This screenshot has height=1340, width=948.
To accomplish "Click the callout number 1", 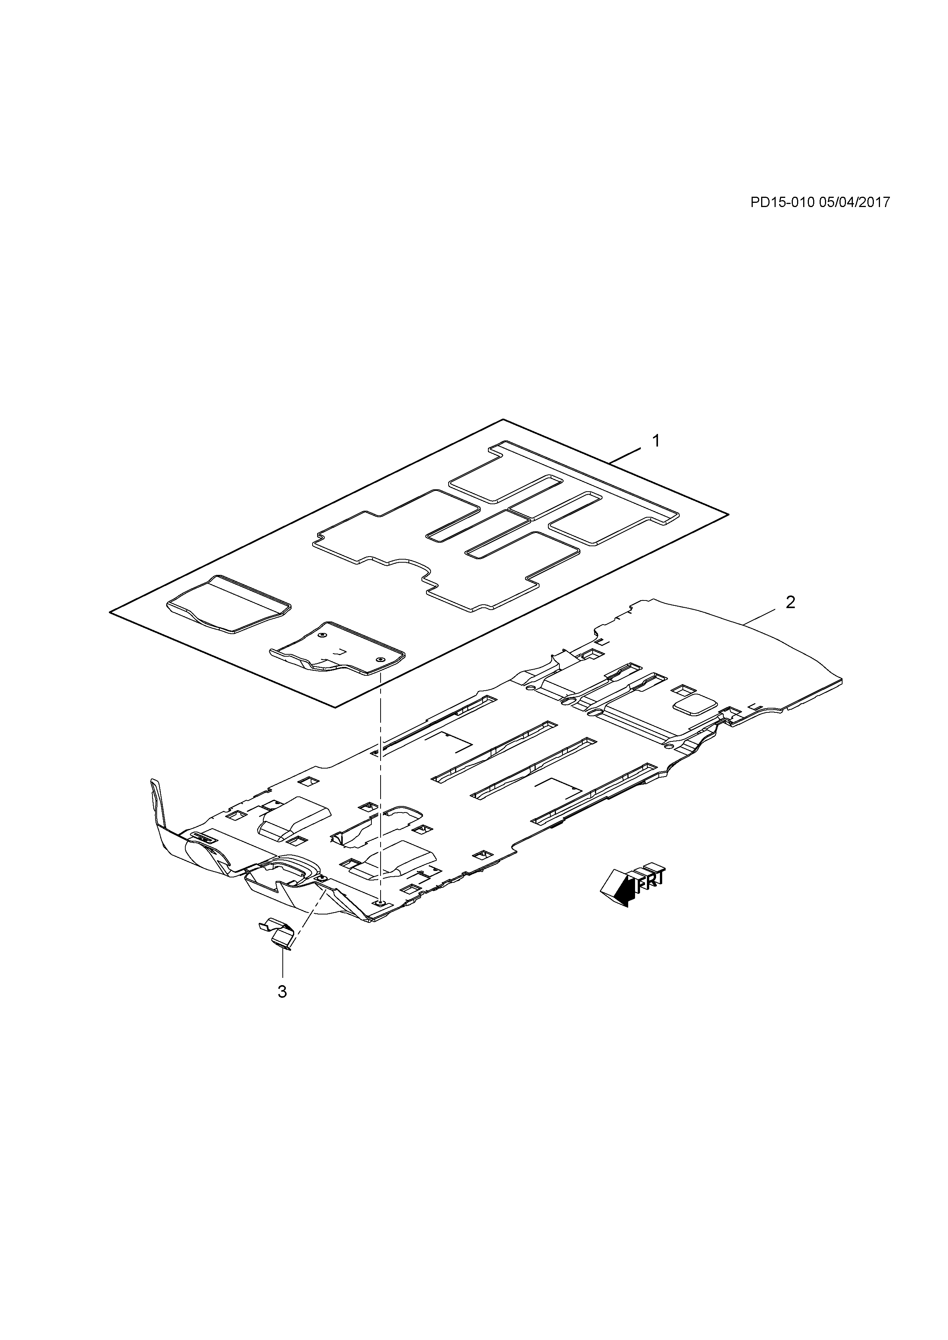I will click(x=656, y=441).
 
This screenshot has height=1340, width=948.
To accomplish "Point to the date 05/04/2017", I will click(x=855, y=202).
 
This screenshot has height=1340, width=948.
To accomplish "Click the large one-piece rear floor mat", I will click(x=496, y=525).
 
